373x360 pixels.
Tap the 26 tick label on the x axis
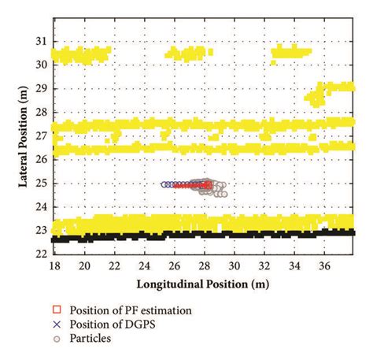174,265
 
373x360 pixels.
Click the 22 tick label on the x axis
114,265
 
